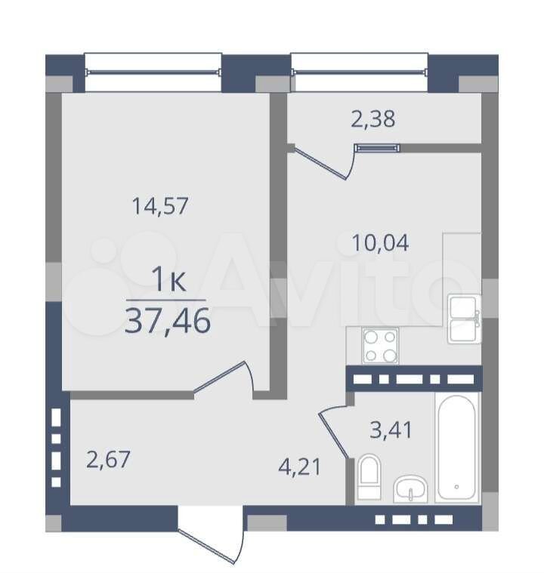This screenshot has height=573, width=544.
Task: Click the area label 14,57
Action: (160, 206)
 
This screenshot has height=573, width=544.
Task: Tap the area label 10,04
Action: (380, 243)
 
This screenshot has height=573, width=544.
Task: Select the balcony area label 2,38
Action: (372, 119)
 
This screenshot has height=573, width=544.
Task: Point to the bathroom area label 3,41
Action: (391, 430)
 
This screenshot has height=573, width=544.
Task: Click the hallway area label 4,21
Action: (299, 467)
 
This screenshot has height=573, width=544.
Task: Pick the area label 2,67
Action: (108, 459)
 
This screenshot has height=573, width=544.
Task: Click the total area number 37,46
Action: (168, 321)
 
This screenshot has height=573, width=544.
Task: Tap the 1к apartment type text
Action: (168, 279)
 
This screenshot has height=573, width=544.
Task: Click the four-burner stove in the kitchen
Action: (380, 346)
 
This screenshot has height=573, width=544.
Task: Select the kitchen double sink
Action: (464, 319)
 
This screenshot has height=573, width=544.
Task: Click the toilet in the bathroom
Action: (369, 477)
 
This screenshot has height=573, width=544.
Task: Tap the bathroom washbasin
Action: (410, 488)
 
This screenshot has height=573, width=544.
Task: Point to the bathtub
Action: (456, 447)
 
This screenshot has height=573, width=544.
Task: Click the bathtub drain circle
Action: (456, 487)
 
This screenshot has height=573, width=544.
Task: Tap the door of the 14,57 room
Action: (220, 377)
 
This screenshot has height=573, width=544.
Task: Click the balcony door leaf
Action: (321, 164)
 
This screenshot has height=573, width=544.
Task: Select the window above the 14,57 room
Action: (153, 72)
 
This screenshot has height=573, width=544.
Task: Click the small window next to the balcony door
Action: (377, 148)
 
